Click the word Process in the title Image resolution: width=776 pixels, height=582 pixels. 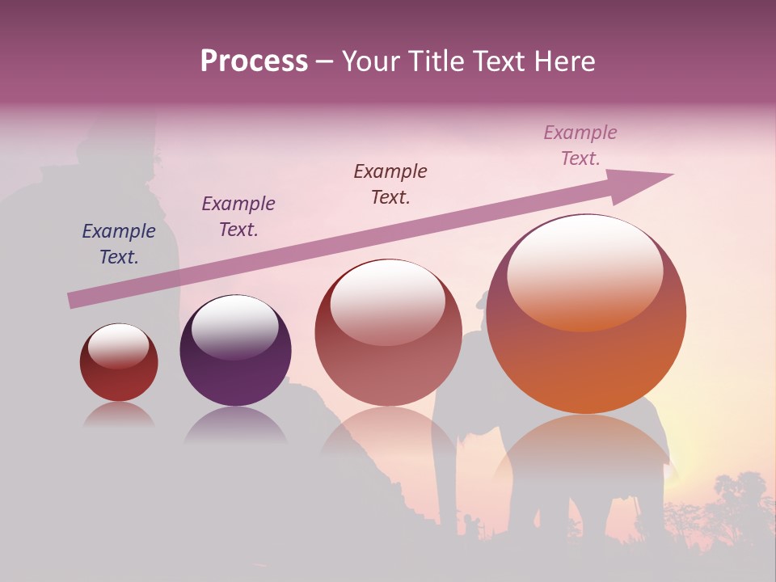coord(254,61)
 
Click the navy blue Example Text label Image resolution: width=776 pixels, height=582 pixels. coord(119,244)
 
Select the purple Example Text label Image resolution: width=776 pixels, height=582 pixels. coord(238,217)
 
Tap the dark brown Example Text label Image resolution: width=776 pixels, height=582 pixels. coord(390,184)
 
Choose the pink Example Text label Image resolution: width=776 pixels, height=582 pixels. coord(580,145)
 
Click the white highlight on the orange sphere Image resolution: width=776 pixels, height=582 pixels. coord(585,271)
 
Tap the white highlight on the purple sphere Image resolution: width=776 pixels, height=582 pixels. coord(234,325)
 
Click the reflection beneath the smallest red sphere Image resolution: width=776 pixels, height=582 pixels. coord(119,415)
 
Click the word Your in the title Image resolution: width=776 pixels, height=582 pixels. coord(369,61)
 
